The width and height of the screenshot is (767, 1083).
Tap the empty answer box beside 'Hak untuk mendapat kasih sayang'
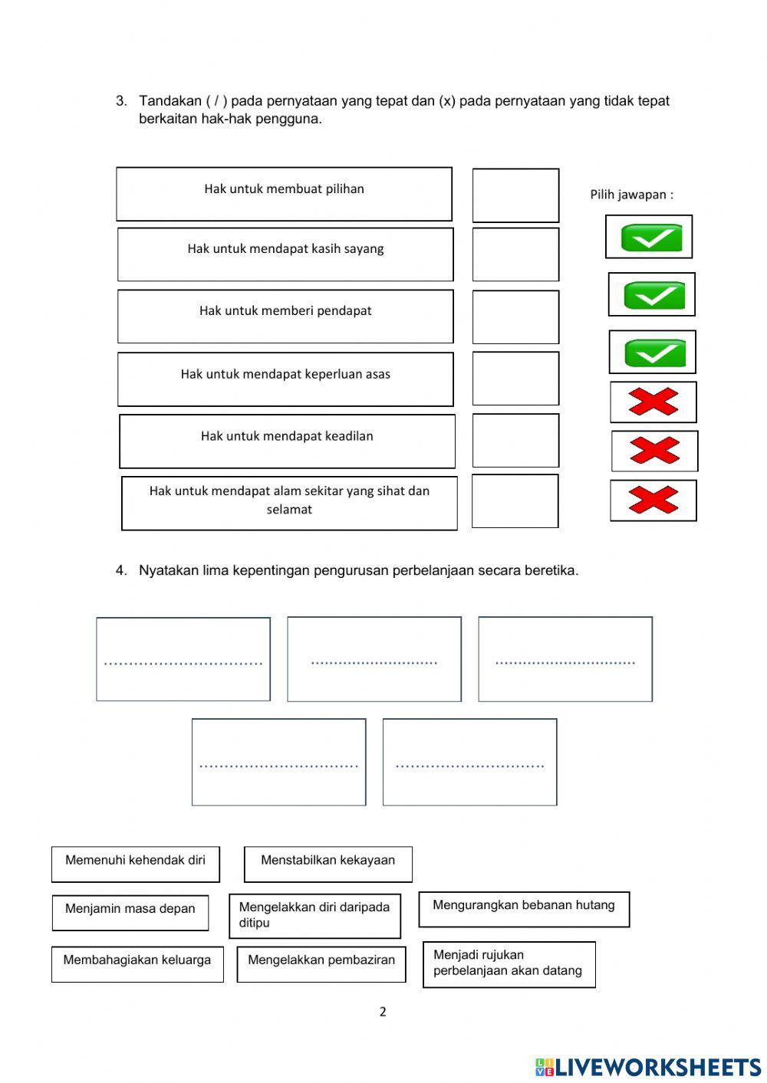[x=515, y=254]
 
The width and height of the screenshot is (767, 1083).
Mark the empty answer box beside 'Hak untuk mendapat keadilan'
[x=515, y=441]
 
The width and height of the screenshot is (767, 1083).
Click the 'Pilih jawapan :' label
[x=631, y=195]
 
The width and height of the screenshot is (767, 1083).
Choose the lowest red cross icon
[x=653, y=500]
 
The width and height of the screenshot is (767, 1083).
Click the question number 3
[x=121, y=101]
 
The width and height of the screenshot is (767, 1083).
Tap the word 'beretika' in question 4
[x=551, y=570]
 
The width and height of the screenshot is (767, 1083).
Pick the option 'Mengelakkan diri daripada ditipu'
[x=314, y=915]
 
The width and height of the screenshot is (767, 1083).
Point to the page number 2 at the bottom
[x=383, y=1012]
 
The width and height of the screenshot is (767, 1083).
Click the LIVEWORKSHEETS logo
[x=648, y=1067]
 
